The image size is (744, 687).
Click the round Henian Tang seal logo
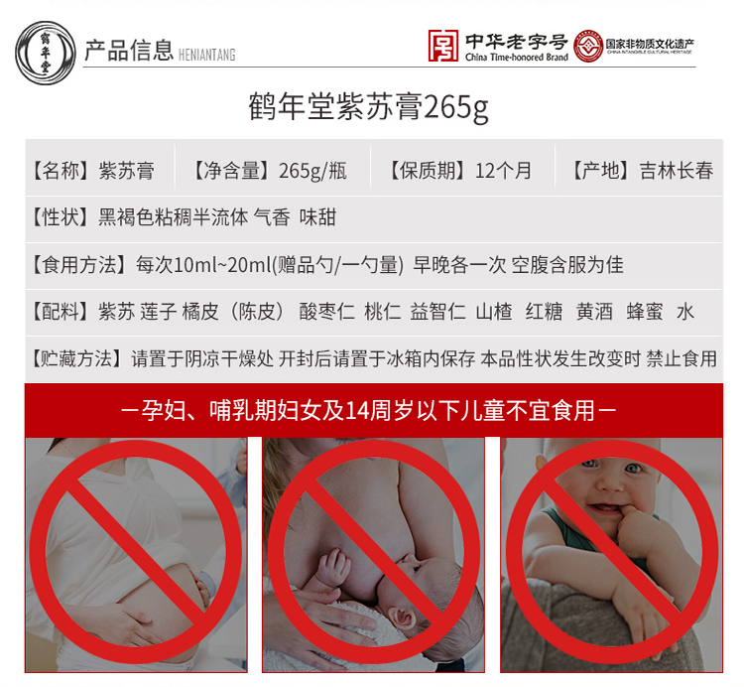45,49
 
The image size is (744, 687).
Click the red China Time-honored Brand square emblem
442,47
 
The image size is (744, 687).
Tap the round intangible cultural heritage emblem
588,47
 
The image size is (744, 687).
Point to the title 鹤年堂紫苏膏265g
369,106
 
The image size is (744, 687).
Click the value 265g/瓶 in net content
312,170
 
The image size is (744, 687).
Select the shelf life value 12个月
503,170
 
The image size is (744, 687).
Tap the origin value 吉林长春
676,170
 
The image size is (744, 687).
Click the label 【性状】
62,216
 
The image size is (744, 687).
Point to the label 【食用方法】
78,264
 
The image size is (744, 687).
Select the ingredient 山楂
493,312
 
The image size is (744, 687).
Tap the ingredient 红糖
544,312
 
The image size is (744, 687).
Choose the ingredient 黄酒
594,312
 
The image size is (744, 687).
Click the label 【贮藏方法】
78,358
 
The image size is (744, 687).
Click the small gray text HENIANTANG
208,55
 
